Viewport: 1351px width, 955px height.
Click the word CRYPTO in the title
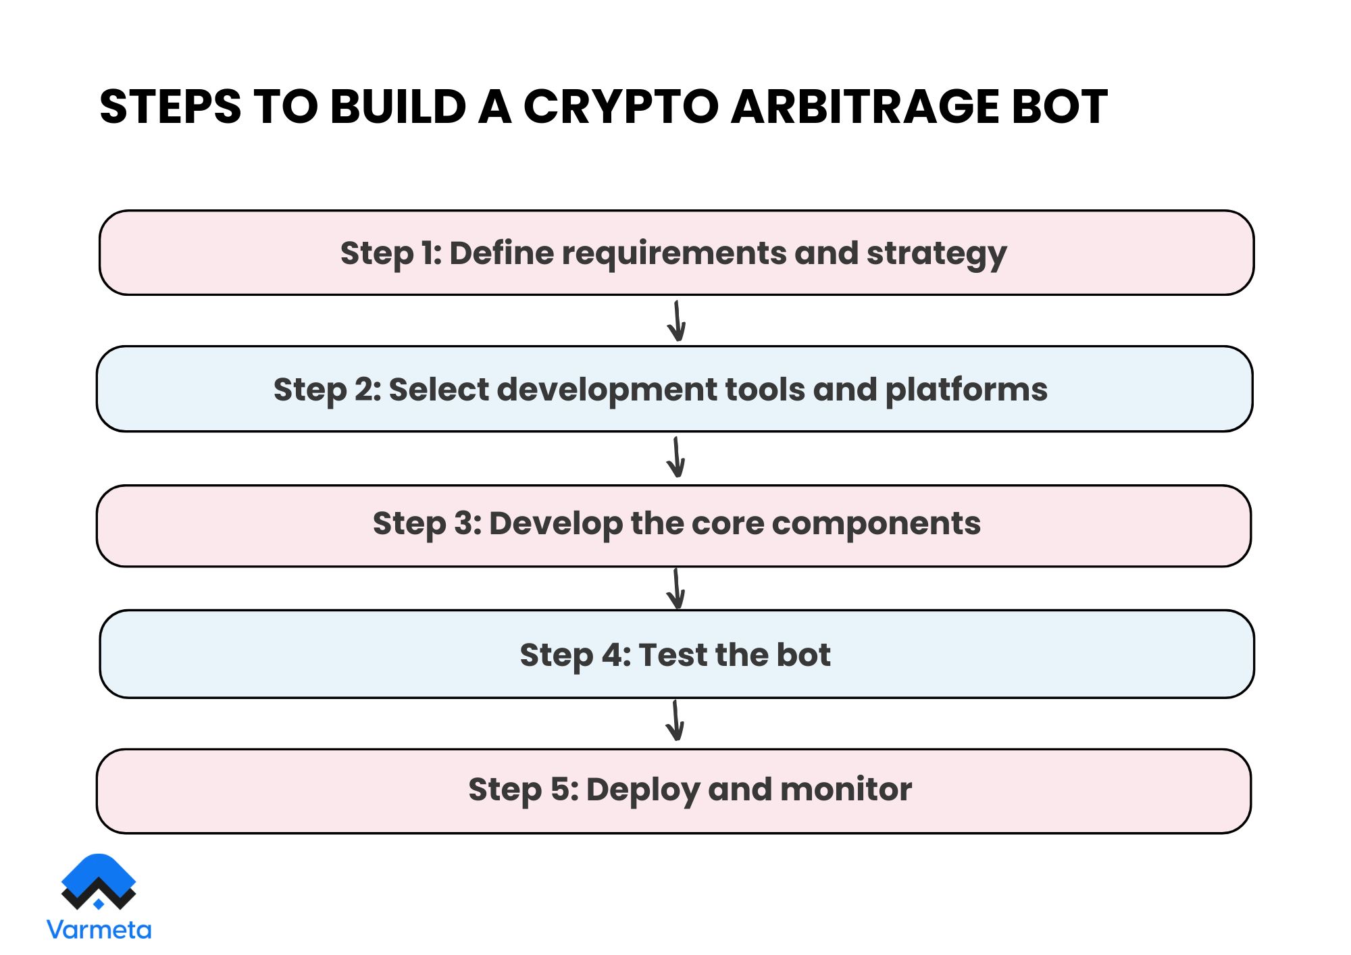tap(620, 107)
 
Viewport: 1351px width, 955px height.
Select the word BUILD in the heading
tap(398, 107)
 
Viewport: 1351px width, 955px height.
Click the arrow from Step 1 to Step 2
tap(676, 321)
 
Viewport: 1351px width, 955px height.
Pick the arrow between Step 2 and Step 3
tap(675, 457)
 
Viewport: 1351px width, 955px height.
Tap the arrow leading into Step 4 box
tap(675, 588)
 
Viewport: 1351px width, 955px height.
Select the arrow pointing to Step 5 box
tap(675, 720)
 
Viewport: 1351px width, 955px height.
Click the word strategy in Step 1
tap(936, 254)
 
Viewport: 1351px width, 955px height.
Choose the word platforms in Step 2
tap(966, 390)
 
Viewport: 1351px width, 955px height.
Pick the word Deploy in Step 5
tap(643, 790)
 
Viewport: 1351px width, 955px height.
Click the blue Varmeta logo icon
tap(99, 881)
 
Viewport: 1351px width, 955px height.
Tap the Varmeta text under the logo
tap(99, 930)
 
